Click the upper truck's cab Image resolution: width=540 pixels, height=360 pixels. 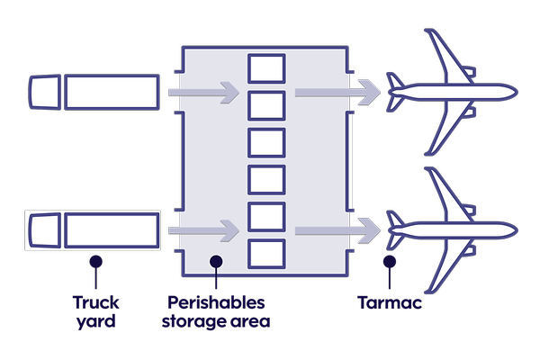click(x=44, y=92)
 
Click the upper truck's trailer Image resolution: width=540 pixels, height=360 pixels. click(x=112, y=92)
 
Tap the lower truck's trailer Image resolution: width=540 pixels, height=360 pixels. click(x=112, y=230)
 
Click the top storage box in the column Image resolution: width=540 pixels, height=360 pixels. click(x=266, y=68)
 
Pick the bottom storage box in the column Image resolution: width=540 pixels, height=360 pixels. click(x=266, y=254)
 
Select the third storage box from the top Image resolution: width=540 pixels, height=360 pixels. click(x=266, y=142)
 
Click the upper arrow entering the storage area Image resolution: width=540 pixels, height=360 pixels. click(x=204, y=92)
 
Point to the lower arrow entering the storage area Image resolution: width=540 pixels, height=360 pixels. click(x=204, y=231)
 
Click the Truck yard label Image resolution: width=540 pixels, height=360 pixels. click(x=95, y=310)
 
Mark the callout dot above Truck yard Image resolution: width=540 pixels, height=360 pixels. click(x=95, y=262)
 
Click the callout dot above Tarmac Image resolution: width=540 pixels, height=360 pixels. click(x=390, y=262)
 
